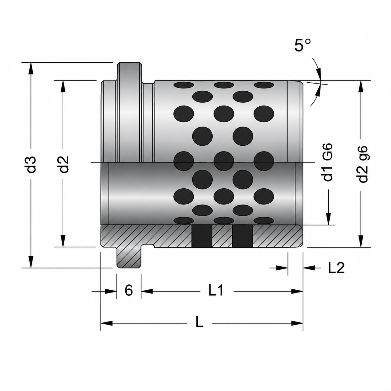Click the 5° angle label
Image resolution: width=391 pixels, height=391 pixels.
pos(302,45)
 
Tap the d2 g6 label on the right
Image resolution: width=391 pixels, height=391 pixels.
pos(363,164)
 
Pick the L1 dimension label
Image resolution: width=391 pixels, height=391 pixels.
pos(216,291)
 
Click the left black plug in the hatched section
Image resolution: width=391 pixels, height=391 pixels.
pos(202,236)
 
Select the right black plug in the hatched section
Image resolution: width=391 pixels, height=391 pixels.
pos(243,236)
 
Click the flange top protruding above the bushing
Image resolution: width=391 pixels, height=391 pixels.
pos(129,72)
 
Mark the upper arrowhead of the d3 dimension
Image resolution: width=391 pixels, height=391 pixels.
pos(31,69)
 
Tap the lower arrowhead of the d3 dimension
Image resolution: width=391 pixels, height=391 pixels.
pos(31,261)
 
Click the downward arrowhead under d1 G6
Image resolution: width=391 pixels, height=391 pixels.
pos(329,219)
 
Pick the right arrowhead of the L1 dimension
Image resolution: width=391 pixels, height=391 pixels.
pos(297,291)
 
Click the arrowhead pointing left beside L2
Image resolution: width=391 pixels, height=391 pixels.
pos(309,268)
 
